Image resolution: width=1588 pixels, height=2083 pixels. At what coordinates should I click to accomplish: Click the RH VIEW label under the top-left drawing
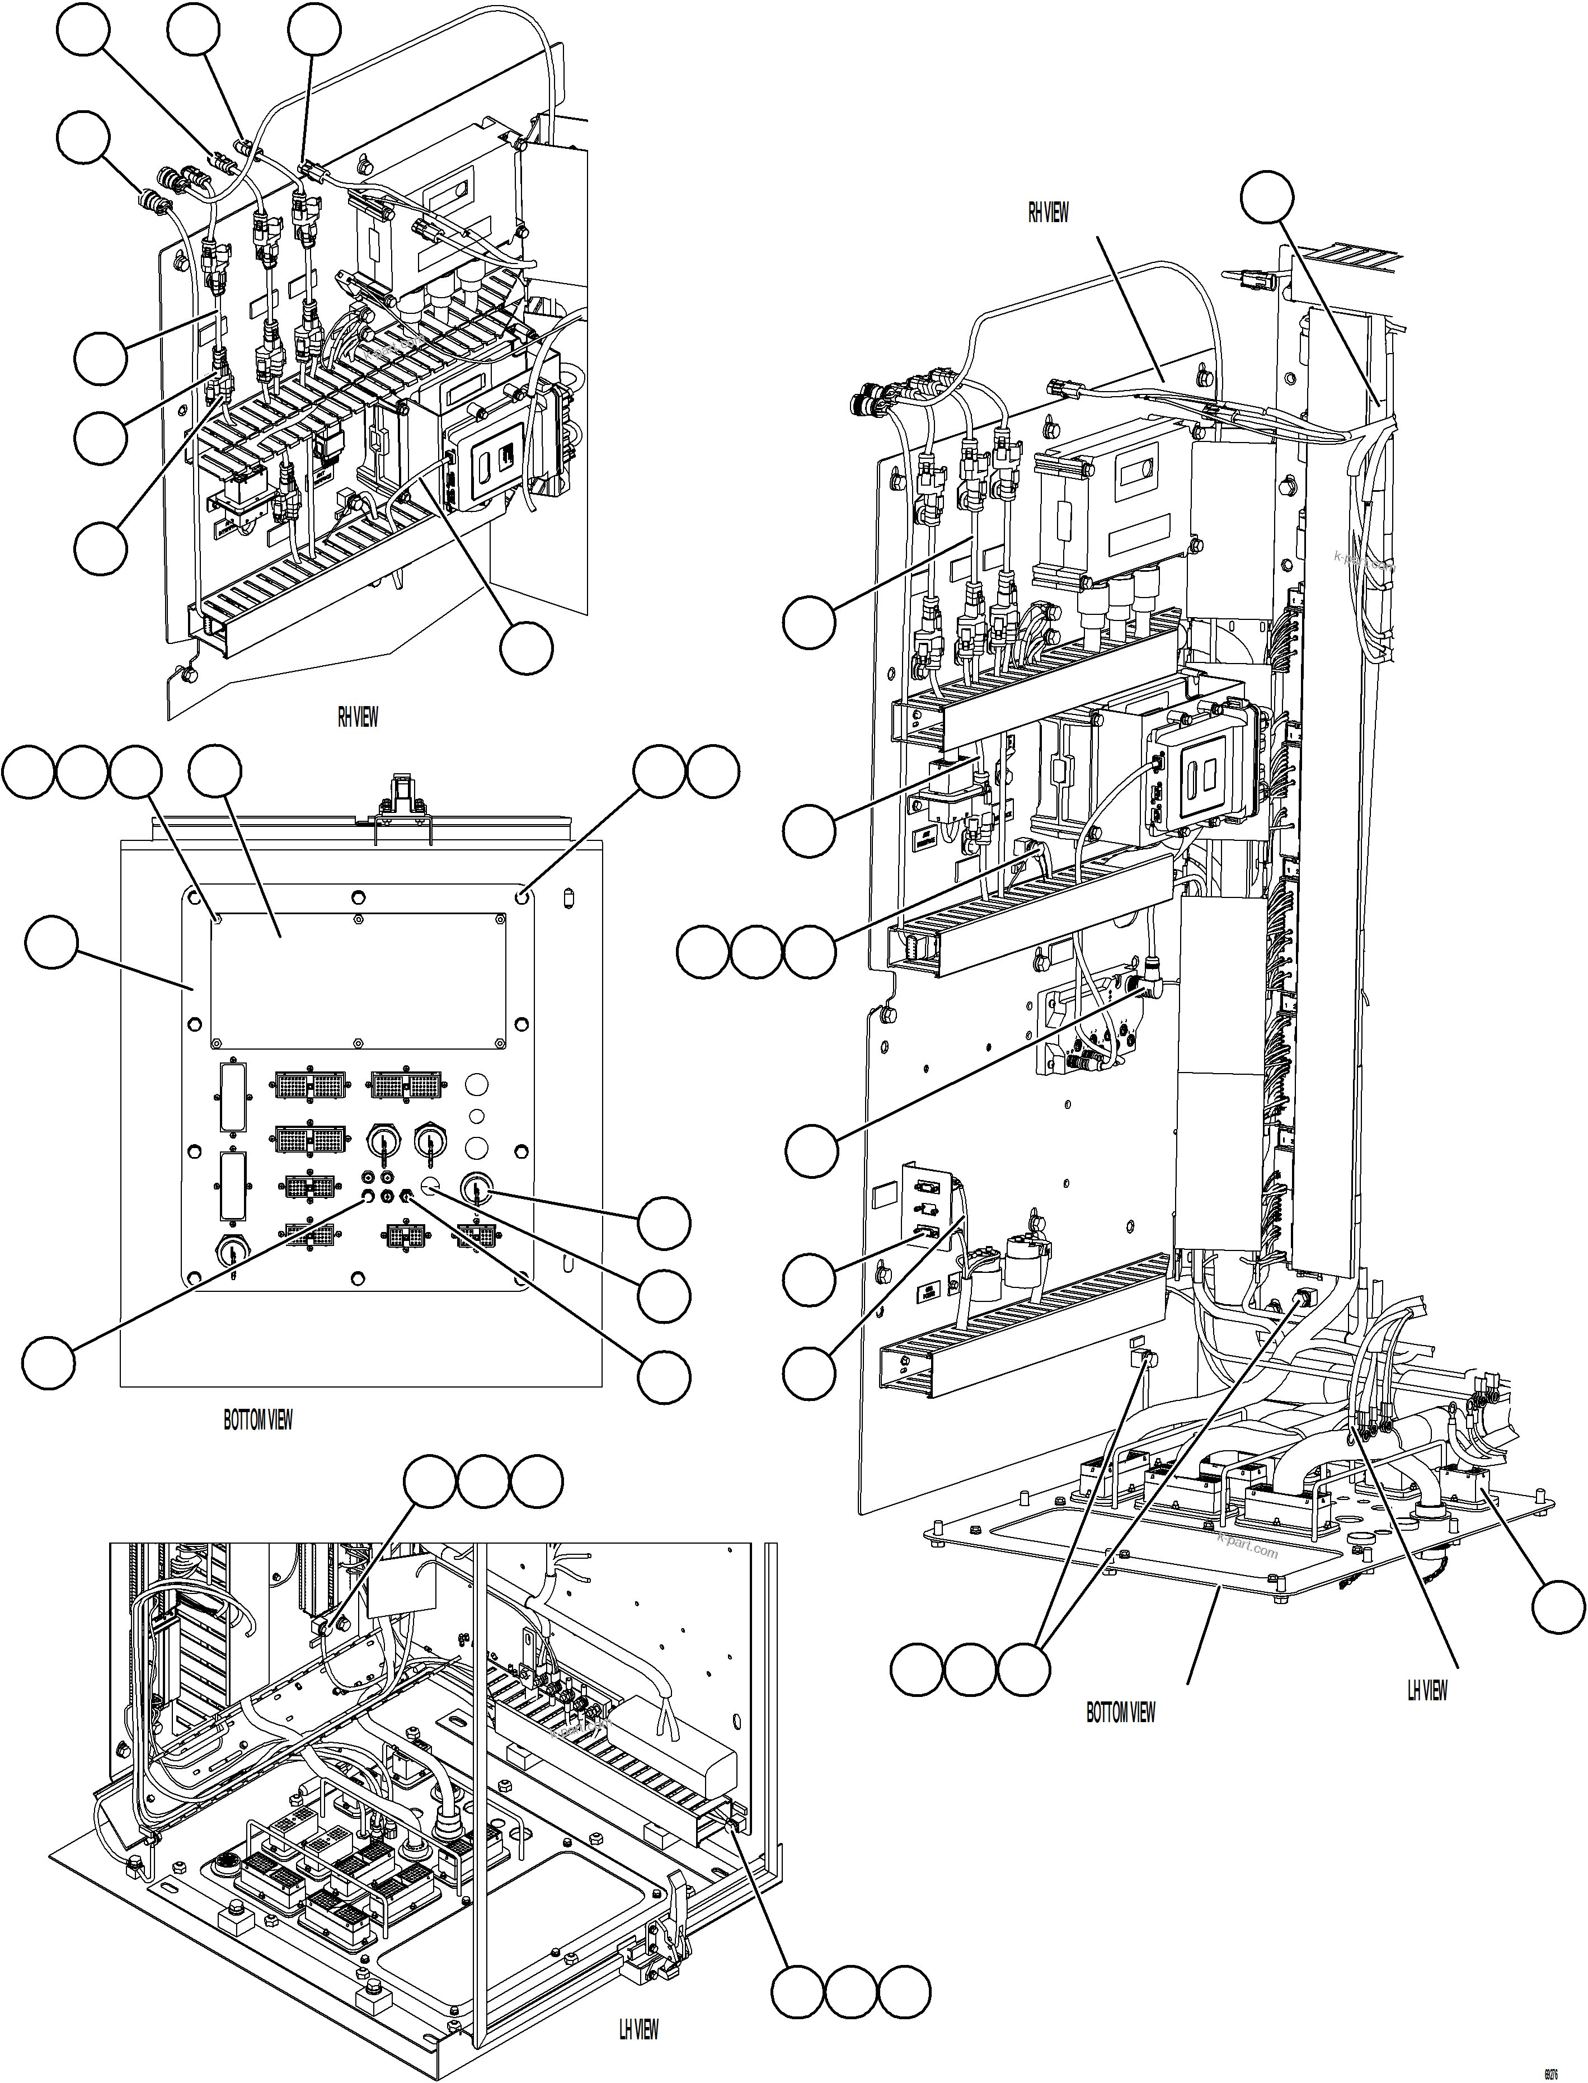tap(358, 717)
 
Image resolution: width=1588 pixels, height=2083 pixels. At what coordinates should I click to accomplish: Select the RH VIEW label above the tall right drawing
tap(1047, 213)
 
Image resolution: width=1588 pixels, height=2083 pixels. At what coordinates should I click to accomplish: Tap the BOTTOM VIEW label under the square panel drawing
tap(257, 1419)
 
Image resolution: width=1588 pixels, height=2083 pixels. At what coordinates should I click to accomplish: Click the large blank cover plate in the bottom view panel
tap(358, 981)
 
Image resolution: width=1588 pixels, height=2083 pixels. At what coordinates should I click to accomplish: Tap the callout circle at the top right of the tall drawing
tap(1267, 196)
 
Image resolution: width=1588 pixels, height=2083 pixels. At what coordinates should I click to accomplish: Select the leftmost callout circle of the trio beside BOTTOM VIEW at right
tap(918, 1670)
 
